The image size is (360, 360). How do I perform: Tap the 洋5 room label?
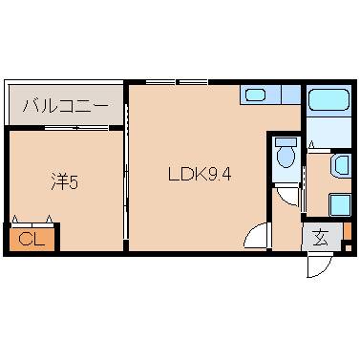(64, 180)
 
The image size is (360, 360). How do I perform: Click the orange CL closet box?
(31, 238)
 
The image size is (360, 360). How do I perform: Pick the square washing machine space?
(340, 204)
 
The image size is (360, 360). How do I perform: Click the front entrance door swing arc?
(319, 267)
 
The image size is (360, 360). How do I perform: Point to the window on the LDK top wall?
(179, 82)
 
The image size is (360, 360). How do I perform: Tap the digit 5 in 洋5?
(74, 180)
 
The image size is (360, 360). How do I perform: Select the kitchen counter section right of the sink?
(286, 95)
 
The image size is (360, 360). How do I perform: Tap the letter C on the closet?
(25, 238)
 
